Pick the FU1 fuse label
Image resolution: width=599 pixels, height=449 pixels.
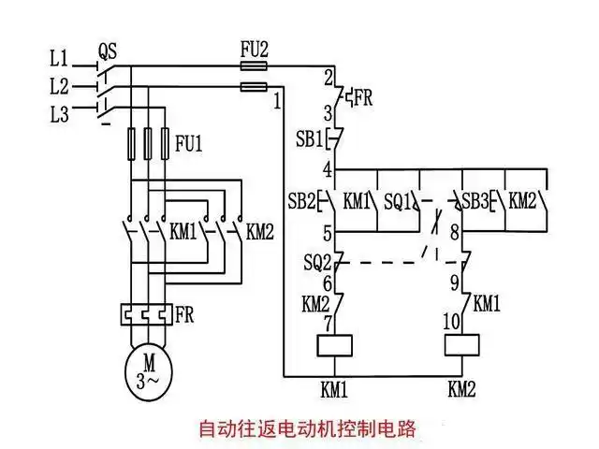[188, 144]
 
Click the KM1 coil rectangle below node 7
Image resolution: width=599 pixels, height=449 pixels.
[334, 345]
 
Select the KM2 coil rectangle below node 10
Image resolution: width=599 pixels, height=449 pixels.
[461, 345]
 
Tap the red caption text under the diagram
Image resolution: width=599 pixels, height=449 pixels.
[306, 430]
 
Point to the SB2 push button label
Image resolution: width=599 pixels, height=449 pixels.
[301, 200]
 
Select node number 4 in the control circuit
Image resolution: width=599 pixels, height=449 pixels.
[327, 170]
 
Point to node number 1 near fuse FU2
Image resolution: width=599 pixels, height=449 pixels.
[278, 100]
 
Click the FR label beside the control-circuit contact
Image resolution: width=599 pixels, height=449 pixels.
[361, 97]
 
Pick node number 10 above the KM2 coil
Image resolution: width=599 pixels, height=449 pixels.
[448, 321]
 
